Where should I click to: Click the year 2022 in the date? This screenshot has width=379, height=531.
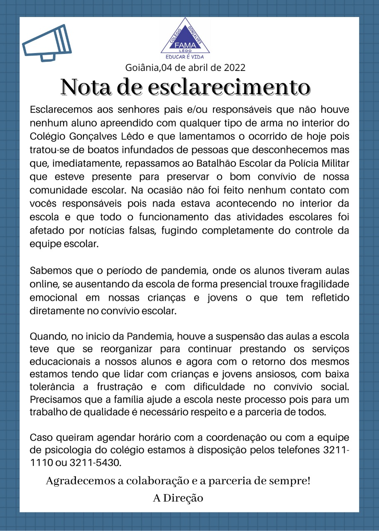coord(235,67)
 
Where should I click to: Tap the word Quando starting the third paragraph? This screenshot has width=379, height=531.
coord(48,336)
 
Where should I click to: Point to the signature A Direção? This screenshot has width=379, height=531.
coord(178,498)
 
